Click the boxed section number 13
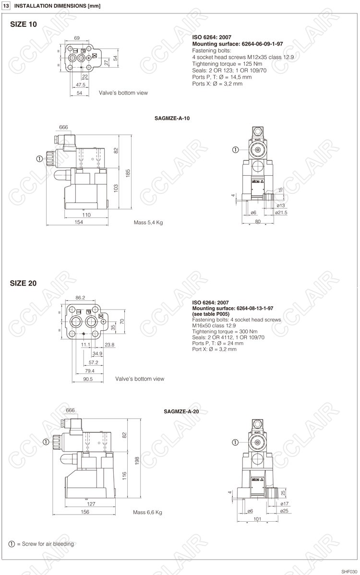point(6,6)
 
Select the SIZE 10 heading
point(24,24)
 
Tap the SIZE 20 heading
point(24,283)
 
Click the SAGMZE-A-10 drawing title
point(172,119)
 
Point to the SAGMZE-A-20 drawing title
point(181,411)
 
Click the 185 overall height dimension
point(128,173)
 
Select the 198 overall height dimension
point(137,461)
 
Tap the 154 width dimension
point(79,222)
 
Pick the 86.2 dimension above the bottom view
point(80,298)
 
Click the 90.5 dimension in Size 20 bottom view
point(88,379)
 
